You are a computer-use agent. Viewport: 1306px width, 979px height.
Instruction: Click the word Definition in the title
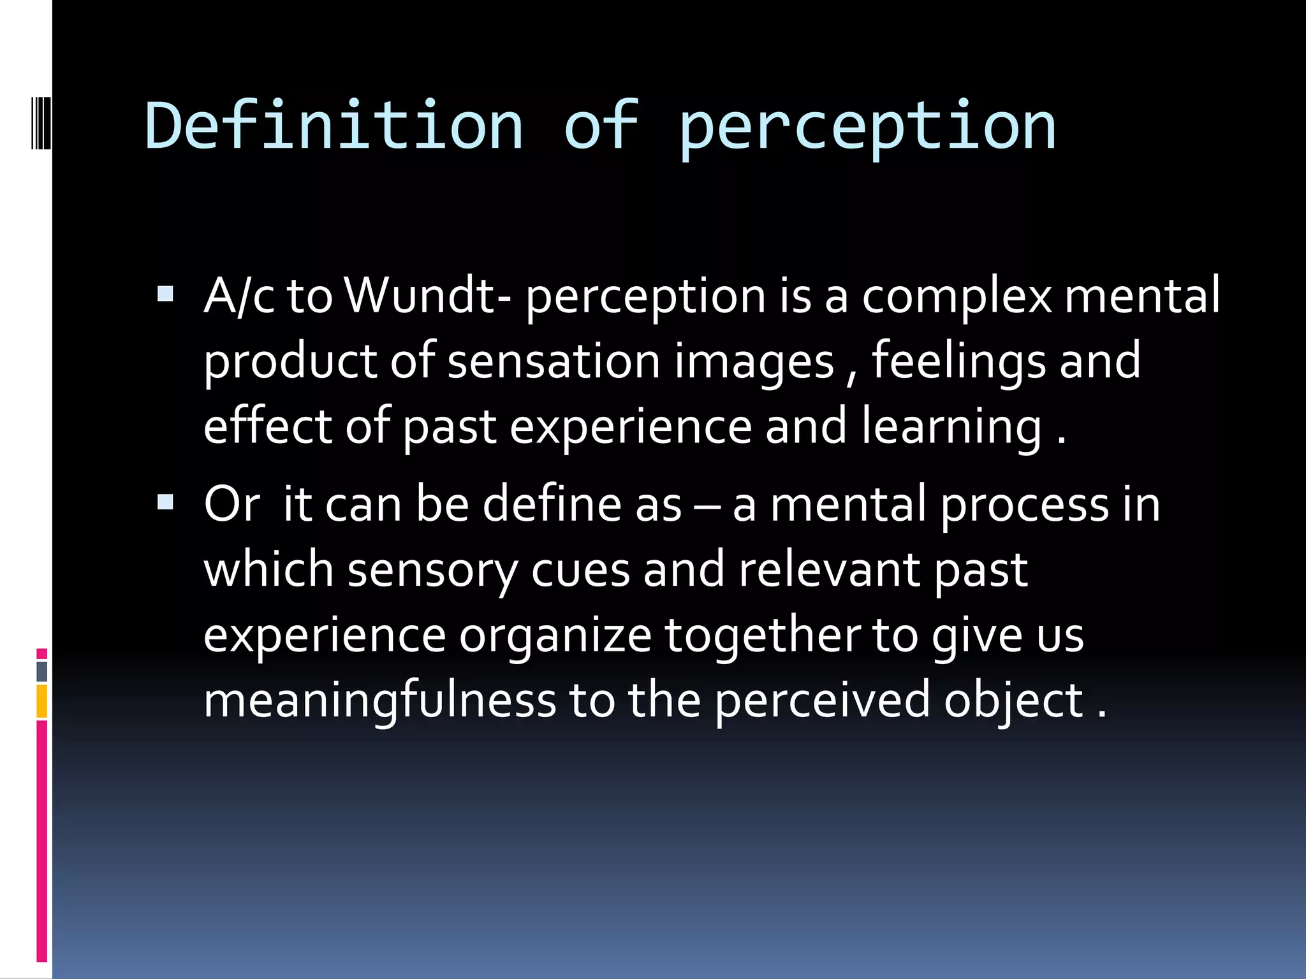[334, 126]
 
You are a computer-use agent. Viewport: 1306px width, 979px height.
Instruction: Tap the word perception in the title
[867, 127]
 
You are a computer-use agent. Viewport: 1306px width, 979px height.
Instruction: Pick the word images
[754, 362]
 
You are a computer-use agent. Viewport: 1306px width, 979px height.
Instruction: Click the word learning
[952, 427]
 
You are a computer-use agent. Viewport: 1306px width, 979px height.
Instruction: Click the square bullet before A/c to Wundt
[165, 294]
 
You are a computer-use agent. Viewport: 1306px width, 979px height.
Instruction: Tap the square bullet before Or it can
[165, 502]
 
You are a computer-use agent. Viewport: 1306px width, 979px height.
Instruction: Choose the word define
[552, 504]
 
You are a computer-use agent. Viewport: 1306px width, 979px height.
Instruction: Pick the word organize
[555, 636]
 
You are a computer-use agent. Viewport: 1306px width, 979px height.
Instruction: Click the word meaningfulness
[379, 701]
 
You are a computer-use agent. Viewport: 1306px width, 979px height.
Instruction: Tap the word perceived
[822, 701]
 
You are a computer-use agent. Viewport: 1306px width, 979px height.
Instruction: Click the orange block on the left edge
[42, 701]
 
